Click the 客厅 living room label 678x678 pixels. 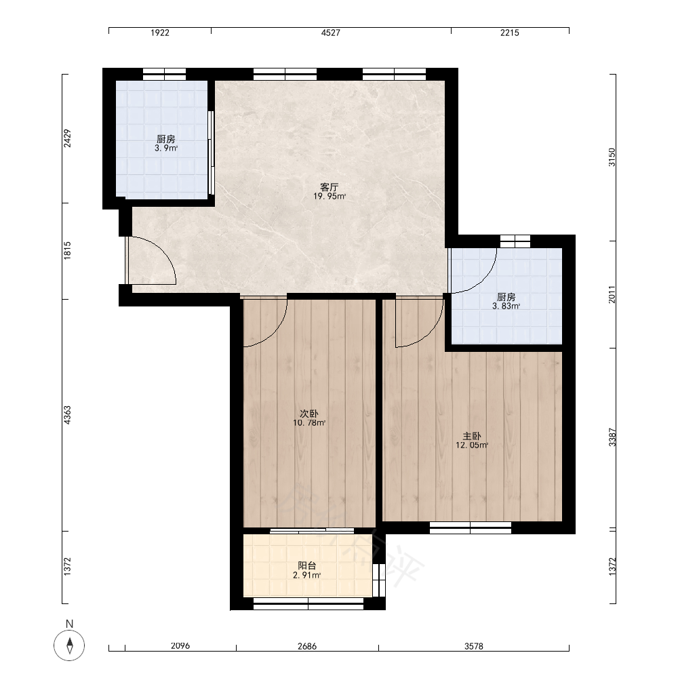pyautogui.click(x=329, y=187)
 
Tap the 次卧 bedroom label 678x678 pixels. pyautogui.click(x=308, y=414)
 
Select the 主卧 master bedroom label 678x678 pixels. pyautogui.click(x=472, y=436)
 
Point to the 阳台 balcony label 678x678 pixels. pyautogui.click(x=307, y=565)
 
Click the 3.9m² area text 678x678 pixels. pyautogui.click(x=166, y=148)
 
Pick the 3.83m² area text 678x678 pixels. pyautogui.click(x=506, y=306)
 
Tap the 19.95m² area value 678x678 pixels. pyautogui.click(x=330, y=197)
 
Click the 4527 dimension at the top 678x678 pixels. pyautogui.click(x=331, y=33)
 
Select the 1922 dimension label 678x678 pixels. pyautogui.click(x=160, y=33)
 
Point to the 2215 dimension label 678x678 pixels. pyautogui.click(x=510, y=33)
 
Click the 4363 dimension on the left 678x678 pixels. pyautogui.click(x=67, y=415)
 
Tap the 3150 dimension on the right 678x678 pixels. pyautogui.click(x=612, y=157)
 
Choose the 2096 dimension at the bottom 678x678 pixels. pyautogui.click(x=180, y=646)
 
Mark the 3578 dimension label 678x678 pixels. pyautogui.click(x=474, y=646)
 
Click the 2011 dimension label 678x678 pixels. pyautogui.click(x=612, y=294)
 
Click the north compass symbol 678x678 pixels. pyautogui.click(x=69, y=645)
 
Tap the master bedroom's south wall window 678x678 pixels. pyautogui.click(x=471, y=528)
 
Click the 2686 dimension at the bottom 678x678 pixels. pyautogui.click(x=307, y=646)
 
